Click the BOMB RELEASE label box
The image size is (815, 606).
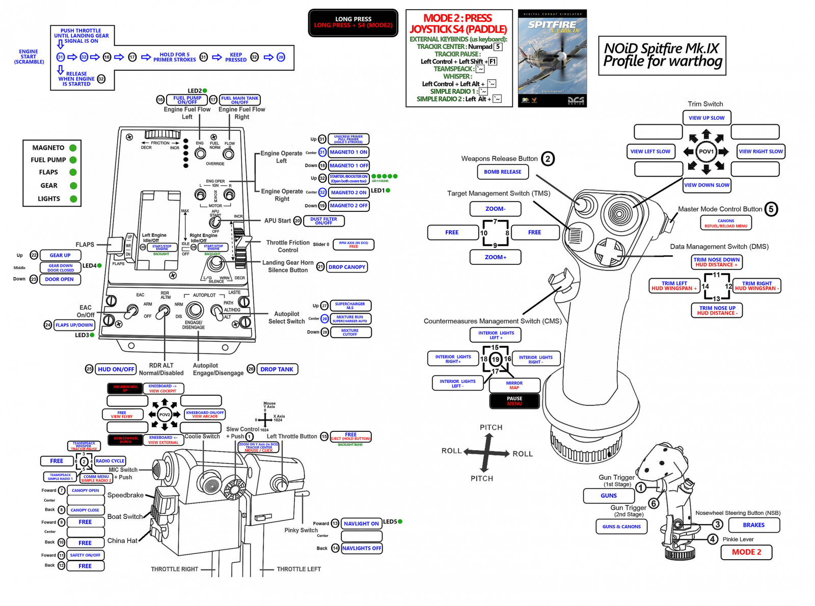click(x=503, y=172)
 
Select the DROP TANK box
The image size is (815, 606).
click(x=277, y=369)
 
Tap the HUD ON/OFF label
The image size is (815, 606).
click(x=116, y=369)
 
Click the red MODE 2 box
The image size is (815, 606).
click(x=746, y=552)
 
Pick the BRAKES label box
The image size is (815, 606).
click(x=753, y=525)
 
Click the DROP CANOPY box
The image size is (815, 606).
click(x=347, y=267)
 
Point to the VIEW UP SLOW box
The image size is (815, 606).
click(x=707, y=118)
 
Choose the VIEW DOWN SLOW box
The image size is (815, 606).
click(x=707, y=185)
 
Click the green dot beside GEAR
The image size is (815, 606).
click(x=73, y=186)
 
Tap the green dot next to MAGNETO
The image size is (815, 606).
click(x=73, y=148)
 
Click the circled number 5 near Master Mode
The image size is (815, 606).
click(x=771, y=209)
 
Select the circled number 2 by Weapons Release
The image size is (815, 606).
click(x=548, y=159)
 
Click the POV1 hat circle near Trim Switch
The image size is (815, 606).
click(x=706, y=151)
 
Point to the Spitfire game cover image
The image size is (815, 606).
click(x=552, y=58)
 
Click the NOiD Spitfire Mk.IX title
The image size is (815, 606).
click(x=662, y=55)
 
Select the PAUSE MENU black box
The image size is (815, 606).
click(x=514, y=401)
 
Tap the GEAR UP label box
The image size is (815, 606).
click(x=60, y=256)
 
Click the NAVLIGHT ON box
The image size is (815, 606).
click(x=361, y=524)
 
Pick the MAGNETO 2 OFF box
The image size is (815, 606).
click(x=349, y=206)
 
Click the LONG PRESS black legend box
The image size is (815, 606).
click(x=353, y=22)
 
